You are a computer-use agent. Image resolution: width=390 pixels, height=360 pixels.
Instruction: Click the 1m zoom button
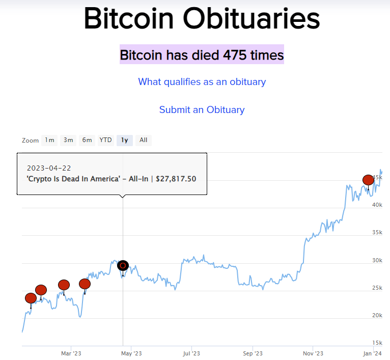tap(49, 140)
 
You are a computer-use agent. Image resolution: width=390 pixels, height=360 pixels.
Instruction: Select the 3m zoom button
tap(68, 140)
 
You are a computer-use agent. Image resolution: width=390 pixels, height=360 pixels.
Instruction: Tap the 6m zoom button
tap(87, 140)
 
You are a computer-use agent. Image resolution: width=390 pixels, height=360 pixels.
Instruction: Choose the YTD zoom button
tap(105, 140)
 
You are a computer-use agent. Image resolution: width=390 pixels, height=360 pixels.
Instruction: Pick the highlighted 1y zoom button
tap(124, 140)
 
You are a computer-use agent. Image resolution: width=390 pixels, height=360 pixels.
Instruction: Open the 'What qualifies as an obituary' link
tap(202, 81)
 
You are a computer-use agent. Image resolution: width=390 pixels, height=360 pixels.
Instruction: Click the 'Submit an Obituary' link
tap(202, 109)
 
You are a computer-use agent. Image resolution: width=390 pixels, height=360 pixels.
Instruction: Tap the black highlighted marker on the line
tap(123, 265)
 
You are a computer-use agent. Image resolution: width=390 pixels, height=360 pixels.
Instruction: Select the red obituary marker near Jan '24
tap(368, 180)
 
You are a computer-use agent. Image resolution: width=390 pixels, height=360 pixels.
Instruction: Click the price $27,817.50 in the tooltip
tap(176, 179)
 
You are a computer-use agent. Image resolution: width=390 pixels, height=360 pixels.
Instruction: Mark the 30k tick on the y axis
tap(377, 260)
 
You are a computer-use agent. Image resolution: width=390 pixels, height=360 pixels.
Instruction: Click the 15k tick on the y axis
tap(377, 343)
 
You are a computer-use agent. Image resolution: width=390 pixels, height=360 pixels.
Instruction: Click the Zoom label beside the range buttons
tap(30, 141)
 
